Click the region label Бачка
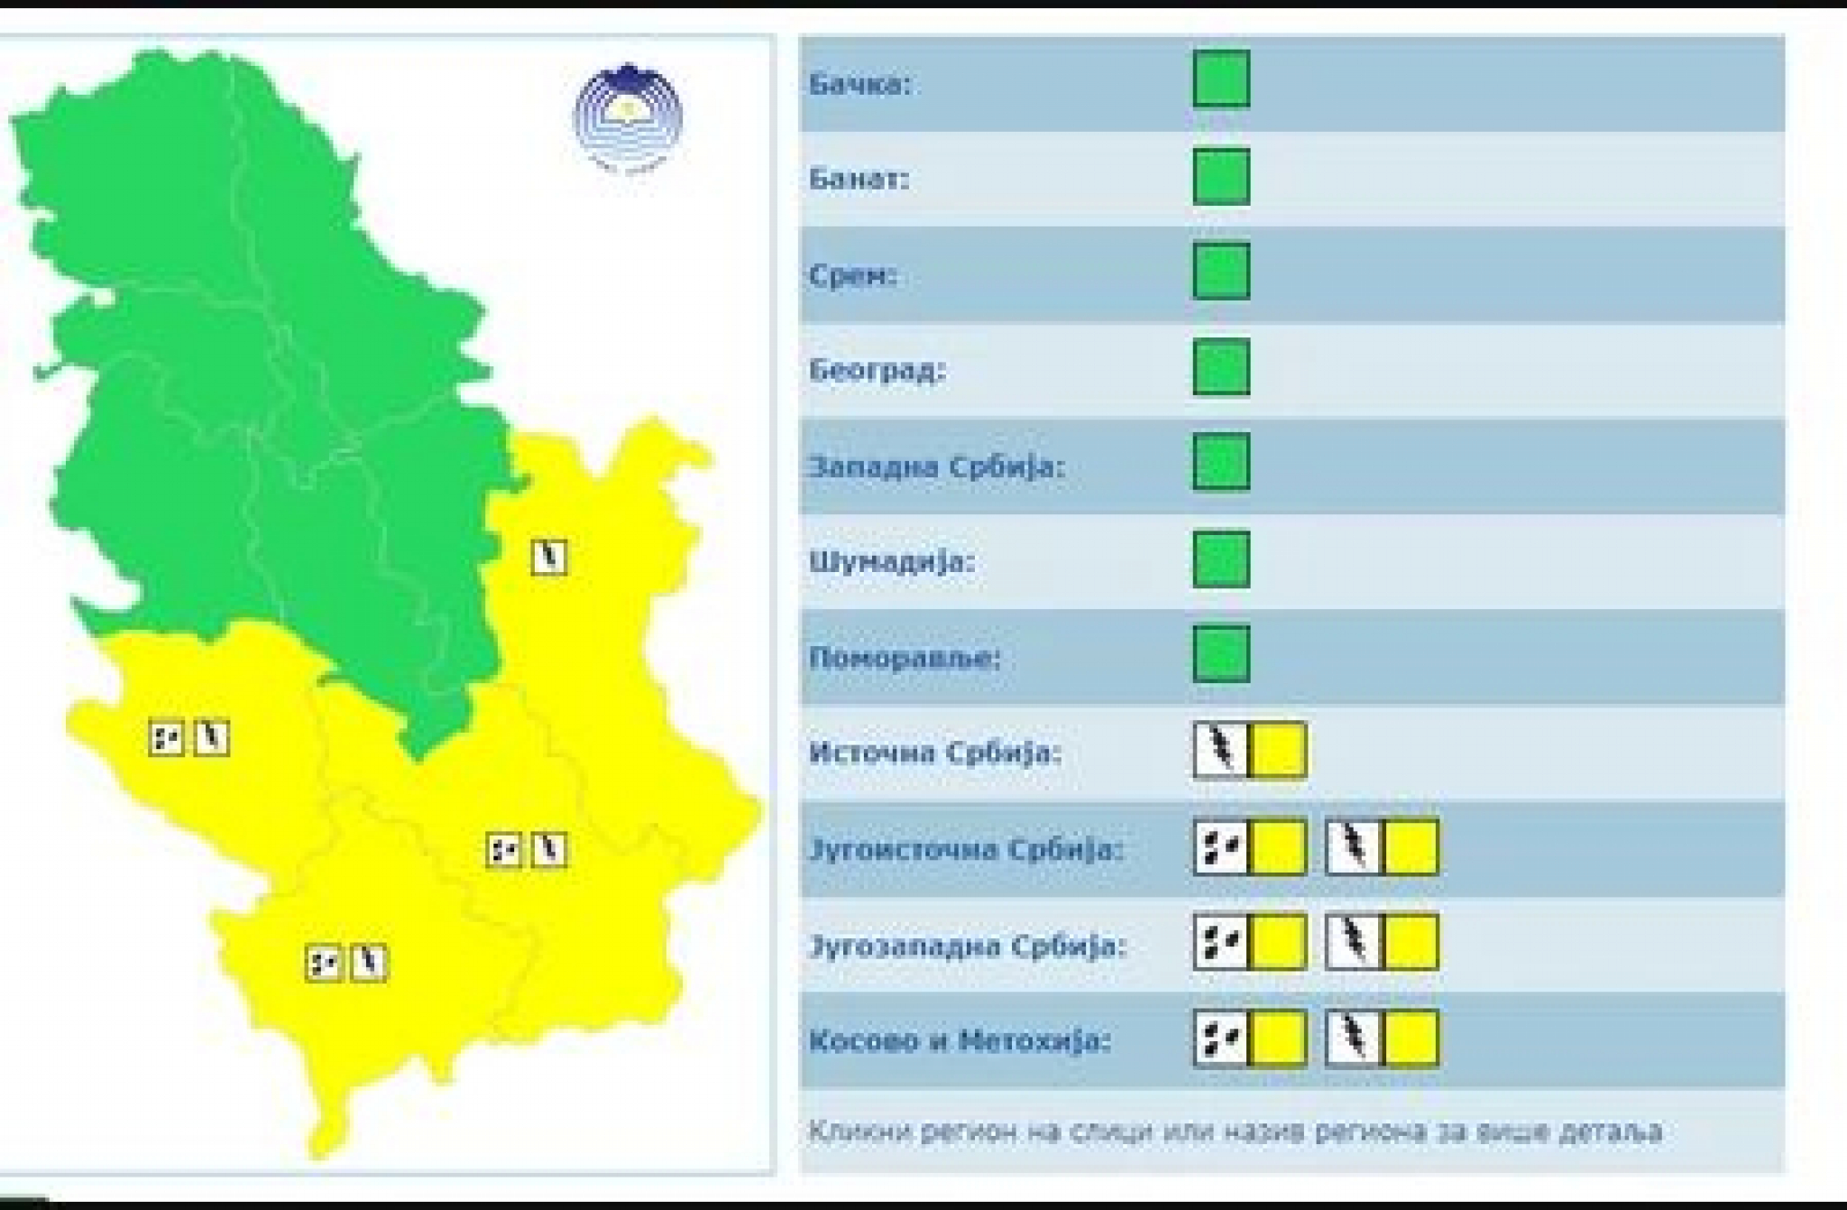tap(859, 85)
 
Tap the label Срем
tap(852, 275)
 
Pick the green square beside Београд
tap(1221, 366)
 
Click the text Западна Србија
tap(936, 467)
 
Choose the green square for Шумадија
tap(1221, 559)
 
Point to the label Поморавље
tap(905, 658)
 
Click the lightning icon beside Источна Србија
tap(1221, 750)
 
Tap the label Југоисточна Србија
tap(966, 850)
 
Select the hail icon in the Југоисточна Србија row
tap(1221, 847)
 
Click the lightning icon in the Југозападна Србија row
tap(1353, 943)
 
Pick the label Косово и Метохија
tap(960, 1041)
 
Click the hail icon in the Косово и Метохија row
tap(1221, 1039)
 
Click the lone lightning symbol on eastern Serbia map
tap(549, 557)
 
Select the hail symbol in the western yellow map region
tap(166, 738)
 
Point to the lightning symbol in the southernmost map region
tap(369, 963)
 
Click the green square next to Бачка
tap(1221, 79)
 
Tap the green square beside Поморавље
tap(1221, 653)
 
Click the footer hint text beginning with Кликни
tap(1235, 1131)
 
